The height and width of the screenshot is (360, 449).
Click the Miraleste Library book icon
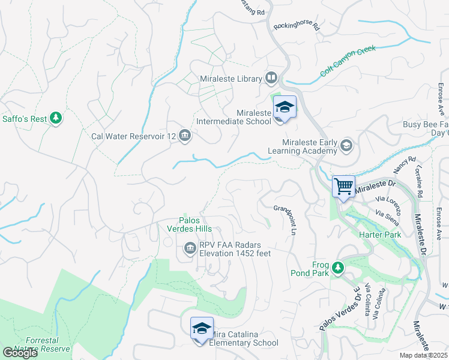point(271,78)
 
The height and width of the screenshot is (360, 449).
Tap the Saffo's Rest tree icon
point(56,118)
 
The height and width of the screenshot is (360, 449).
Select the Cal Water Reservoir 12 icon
point(185,136)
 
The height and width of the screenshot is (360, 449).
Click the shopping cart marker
point(343,187)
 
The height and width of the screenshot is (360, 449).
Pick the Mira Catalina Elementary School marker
point(202,329)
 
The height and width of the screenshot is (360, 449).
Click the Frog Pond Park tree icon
point(338,267)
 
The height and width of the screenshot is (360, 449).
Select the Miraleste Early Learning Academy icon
point(346,146)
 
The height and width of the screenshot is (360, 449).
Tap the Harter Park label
point(379,235)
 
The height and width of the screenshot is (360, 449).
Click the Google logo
point(20,353)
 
